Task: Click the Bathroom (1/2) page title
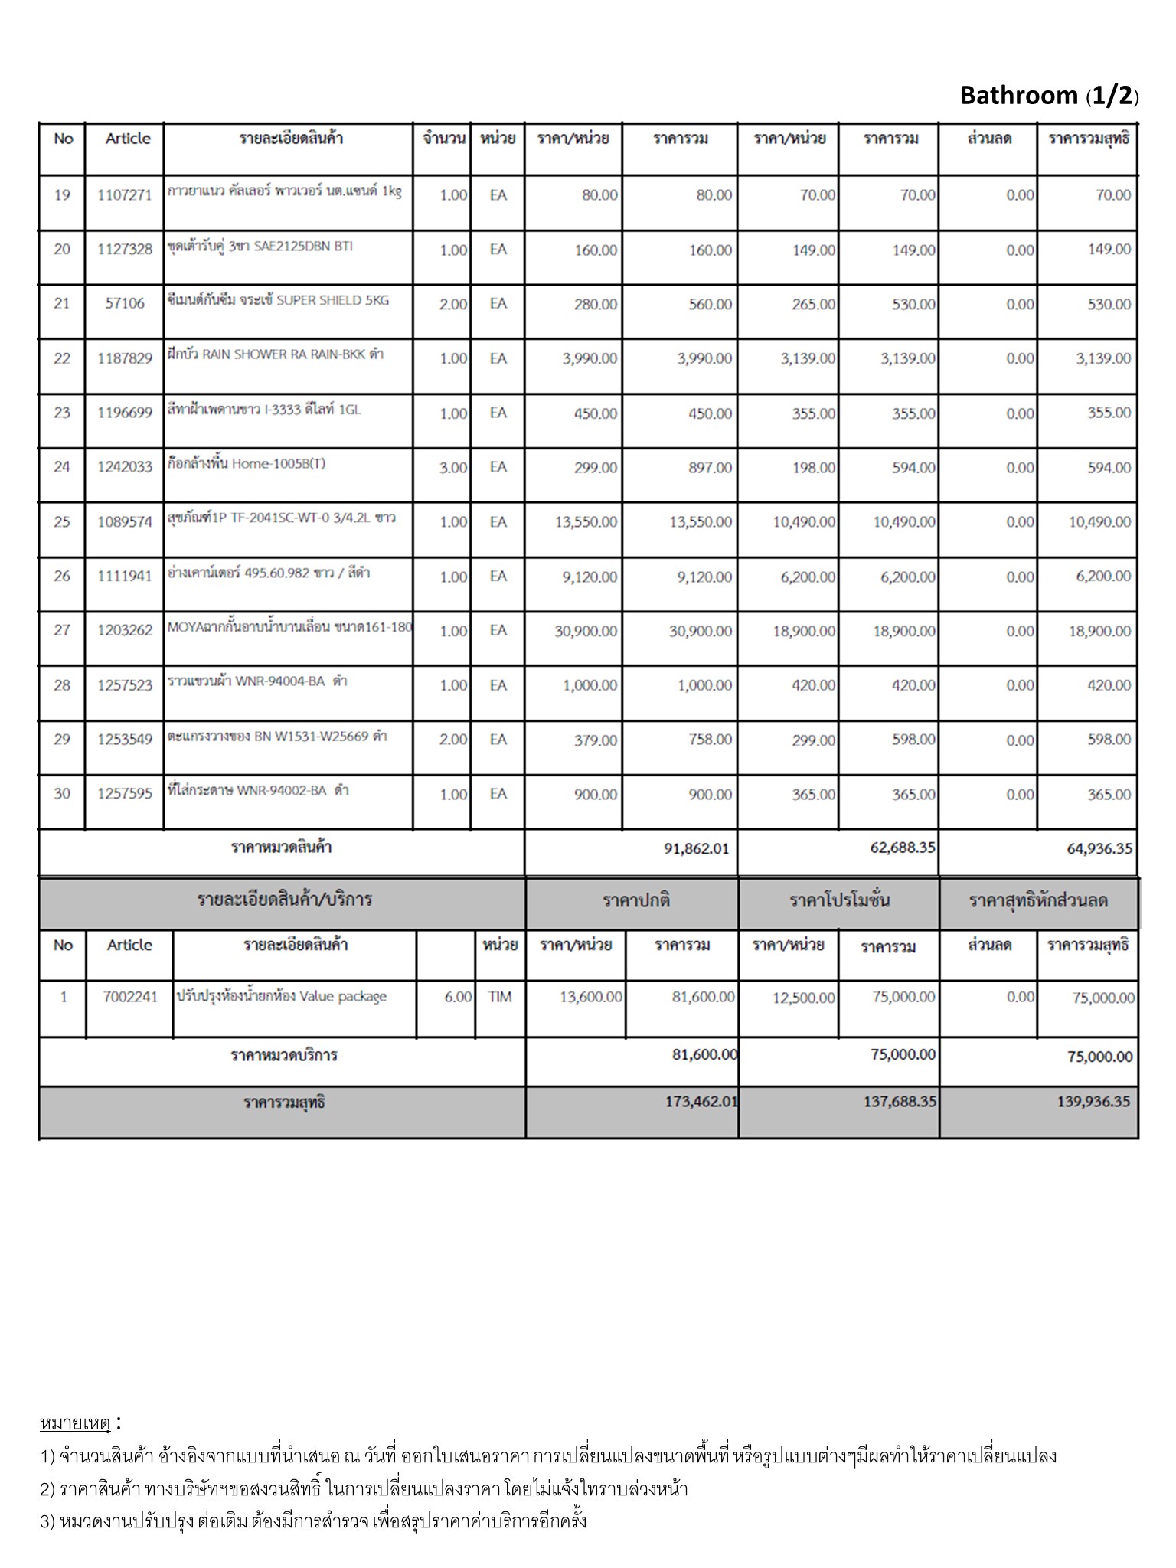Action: (1049, 96)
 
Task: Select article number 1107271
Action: (125, 195)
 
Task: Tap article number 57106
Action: (125, 303)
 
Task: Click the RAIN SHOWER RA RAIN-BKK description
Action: (276, 354)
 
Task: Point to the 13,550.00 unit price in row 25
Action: (586, 522)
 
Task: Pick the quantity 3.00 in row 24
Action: (452, 468)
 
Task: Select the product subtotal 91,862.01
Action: (696, 848)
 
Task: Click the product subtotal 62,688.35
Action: (903, 848)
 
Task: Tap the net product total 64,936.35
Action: (1099, 848)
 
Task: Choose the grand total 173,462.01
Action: (701, 1102)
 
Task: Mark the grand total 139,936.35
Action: (1093, 1102)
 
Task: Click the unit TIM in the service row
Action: (499, 997)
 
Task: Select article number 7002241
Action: (130, 997)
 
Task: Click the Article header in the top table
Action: (128, 139)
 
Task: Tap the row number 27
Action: (62, 630)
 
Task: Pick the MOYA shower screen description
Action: (289, 628)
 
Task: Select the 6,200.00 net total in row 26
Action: (1103, 577)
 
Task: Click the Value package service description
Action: (282, 997)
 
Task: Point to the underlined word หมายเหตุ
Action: (75, 1424)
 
